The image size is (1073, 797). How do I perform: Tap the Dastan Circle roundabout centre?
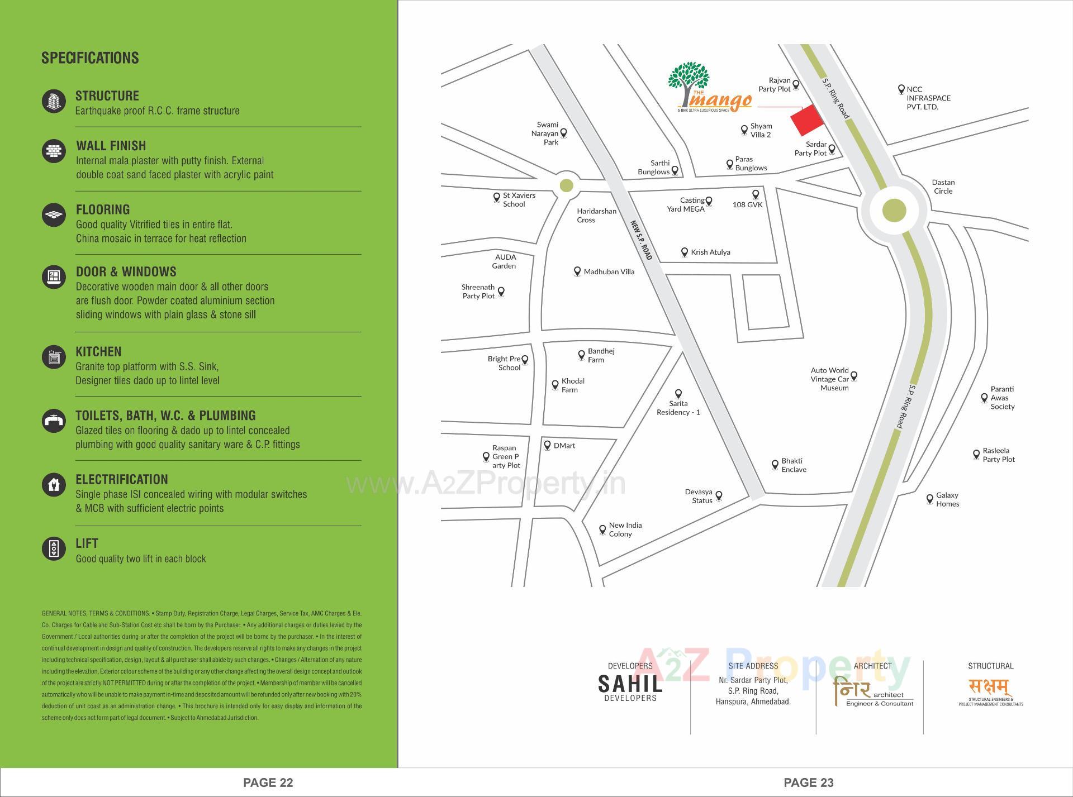coord(894,211)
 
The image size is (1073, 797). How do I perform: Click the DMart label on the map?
coord(564,446)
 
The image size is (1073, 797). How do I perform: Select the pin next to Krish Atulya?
coord(684,252)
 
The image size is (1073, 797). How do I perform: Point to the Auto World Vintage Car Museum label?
coord(829,379)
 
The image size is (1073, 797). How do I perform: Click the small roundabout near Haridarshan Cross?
coord(566,185)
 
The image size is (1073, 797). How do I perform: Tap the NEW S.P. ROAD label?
coord(641,240)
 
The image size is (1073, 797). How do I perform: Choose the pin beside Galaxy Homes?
coord(930,499)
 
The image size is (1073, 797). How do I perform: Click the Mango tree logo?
coord(689,84)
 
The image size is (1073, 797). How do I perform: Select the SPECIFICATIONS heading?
coord(90,58)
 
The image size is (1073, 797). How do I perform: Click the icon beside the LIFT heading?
coord(54,548)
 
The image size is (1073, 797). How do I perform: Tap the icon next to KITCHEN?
coord(54,357)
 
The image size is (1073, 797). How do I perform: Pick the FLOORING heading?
coord(103,210)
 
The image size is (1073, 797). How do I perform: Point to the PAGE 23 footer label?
coord(808,782)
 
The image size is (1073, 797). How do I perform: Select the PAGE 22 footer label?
coord(268,782)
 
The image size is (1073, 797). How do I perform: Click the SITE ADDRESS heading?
coord(753,666)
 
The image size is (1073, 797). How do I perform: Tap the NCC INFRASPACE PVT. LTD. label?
coord(928,98)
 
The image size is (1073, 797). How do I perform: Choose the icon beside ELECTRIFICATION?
coord(54,484)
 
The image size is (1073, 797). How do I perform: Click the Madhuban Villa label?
coord(609,272)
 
